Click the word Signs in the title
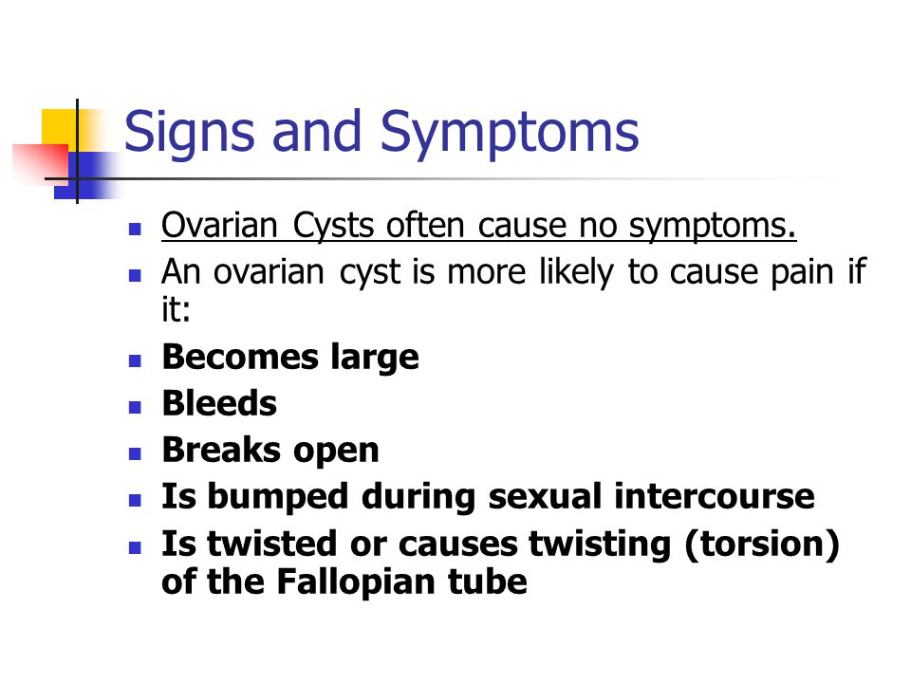click(190, 135)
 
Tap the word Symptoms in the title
click(510, 135)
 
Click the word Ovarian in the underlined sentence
click(219, 225)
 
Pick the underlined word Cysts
click(333, 227)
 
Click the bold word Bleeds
click(219, 403)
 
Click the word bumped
click(278, 498)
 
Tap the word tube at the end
click(488, 581)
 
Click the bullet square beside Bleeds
click(135, 407)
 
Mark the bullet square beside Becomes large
click(135, 360)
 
